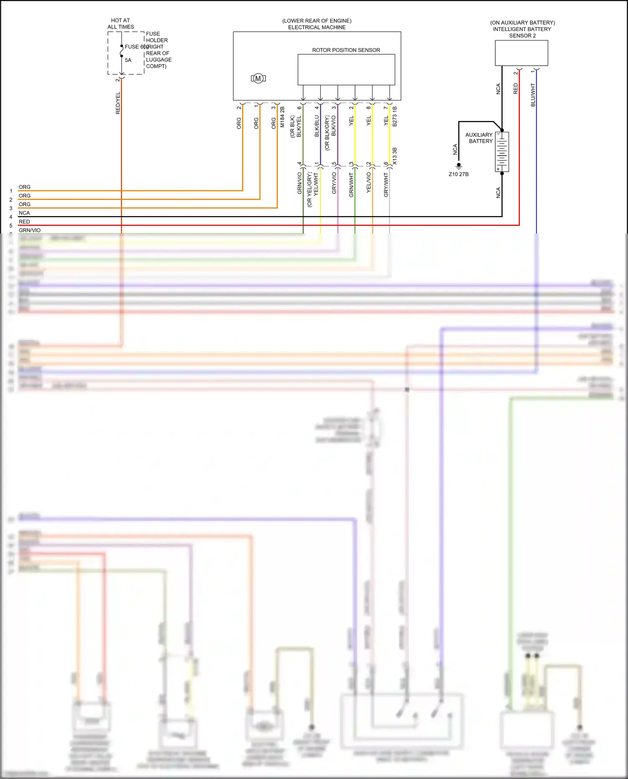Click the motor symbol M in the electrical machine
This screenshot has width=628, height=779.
point(258,78)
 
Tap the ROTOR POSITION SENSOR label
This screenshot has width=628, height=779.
point(346,50)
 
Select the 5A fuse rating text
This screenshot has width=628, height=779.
point(128,60)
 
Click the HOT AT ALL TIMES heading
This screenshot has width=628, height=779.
point(121,23)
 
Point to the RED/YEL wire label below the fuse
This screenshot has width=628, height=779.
point(118,103)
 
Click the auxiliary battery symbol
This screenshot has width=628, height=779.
point(502,152)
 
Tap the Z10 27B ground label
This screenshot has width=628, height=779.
point(458,174)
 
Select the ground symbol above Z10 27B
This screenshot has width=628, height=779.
point(459,166)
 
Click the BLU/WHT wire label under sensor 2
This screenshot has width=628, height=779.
point(533,95)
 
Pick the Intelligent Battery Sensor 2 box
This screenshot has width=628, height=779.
point(521,53)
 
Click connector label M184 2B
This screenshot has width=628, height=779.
point(282,117)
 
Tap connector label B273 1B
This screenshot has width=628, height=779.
point(395,116)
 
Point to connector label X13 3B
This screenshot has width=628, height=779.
point(395,156)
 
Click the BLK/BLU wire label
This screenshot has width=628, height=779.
point(317,126)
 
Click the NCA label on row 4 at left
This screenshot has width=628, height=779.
point(24,213)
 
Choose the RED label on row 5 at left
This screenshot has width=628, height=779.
point(24,222)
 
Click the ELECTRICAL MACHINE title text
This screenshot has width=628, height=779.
point(317,28)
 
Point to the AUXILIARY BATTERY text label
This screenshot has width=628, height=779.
point(480,138)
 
